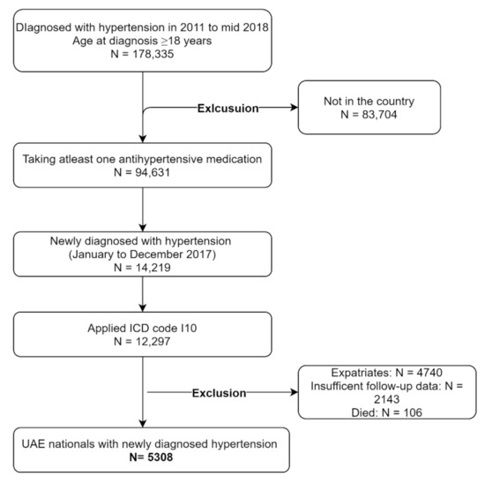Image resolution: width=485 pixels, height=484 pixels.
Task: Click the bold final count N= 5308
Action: [x=142, y=458]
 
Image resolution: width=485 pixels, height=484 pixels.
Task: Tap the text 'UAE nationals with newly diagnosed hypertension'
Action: [x=142, y=442]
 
